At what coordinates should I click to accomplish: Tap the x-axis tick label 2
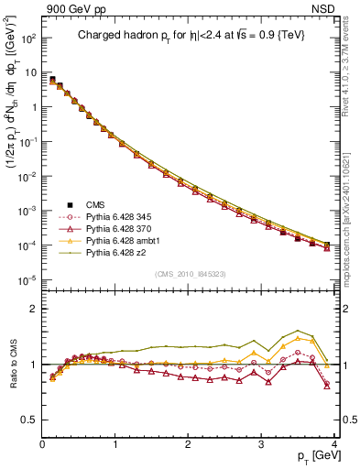coord(188,445)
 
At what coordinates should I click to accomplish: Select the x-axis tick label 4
coord(333,445)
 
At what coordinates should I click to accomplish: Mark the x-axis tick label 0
coord(42,445)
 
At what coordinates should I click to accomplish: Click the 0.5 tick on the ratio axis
coord(29,420)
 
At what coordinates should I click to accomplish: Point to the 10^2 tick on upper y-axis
coord(27,39)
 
